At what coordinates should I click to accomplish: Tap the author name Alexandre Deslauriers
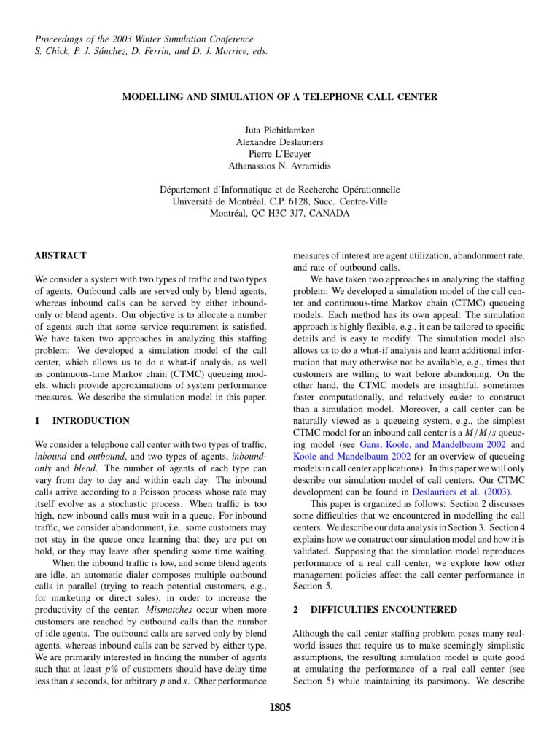(x=279, y=142)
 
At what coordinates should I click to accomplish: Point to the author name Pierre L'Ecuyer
(x=279, y=155)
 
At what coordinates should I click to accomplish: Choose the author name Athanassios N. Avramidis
(x=279, y=167)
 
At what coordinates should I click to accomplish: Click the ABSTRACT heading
(x=61, y=255)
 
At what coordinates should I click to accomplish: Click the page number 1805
(x=280, y=707)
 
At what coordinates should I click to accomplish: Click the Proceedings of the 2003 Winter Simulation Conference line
(x=144, y=39)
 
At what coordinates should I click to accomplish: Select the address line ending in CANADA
(x=279, y=214)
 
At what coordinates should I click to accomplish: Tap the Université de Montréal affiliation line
(x=279, y=201)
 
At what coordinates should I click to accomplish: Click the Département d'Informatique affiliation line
(x=279, y=189)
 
